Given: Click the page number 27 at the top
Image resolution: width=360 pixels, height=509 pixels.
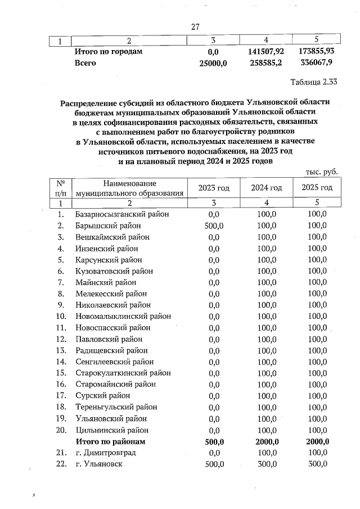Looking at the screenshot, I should pyautogui.click(x=195, y=26).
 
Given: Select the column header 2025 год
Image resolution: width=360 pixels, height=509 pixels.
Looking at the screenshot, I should pyautogui.click(x=317, y=188).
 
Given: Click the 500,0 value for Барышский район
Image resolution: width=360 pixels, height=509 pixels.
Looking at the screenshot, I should pyautogui.click(x=213, y=226).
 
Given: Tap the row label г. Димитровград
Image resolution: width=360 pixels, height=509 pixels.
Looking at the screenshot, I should pyautogui.click(x=105, y=452).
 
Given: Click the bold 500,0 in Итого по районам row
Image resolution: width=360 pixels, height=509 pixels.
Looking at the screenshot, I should pyautogui.click(x=213, y=441).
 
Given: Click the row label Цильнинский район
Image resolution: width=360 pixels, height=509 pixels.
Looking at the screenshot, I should pyautogui.click(x=112, y=430).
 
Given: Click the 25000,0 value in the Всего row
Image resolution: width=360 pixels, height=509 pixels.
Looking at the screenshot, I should pyautogui.click(x=213, y=63).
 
